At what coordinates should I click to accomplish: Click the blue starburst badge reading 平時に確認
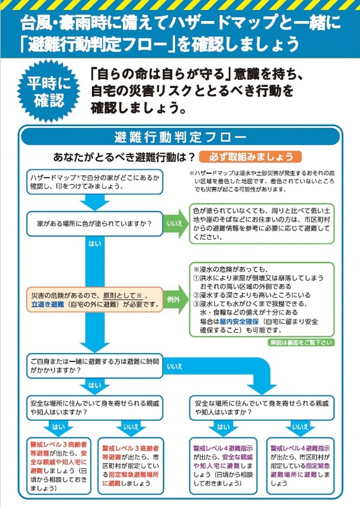point(49,91)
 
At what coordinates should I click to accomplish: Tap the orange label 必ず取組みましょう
point(250,157)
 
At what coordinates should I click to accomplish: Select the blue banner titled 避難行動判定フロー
point(180,137)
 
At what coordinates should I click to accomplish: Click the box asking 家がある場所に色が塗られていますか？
point(94,224)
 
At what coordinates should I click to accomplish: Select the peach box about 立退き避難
point(94,300)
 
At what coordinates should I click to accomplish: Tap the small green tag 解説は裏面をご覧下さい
point(301,342)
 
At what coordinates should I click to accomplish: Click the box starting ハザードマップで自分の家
point(94,182)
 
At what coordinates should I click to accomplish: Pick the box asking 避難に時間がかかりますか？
point(94,366)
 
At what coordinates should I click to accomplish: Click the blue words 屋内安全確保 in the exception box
point(239,321)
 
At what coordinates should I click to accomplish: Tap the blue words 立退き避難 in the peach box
point(48,304)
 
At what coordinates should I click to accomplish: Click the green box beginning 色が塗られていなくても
point(262,224)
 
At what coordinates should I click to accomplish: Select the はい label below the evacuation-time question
point(94,385)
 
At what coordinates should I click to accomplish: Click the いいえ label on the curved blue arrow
point(175,367)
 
